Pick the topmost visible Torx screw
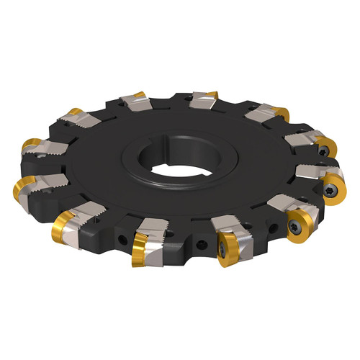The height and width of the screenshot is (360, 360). click(x=325, y=150)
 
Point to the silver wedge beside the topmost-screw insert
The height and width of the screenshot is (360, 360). click(x=302, y=138)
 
